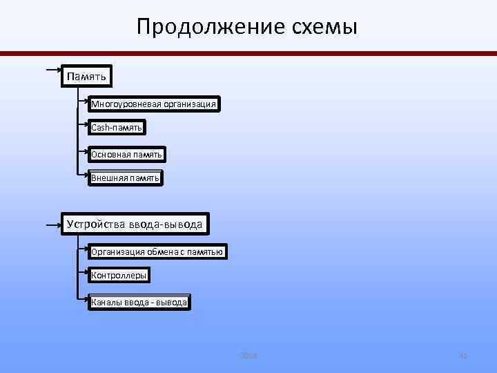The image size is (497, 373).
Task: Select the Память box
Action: tap(86, 75)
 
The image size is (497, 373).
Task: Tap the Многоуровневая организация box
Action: tap(154, 104)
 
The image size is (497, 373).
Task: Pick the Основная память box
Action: tap(126, 155)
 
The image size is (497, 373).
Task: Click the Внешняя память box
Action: tap(125, 178)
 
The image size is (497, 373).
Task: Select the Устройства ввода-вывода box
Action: tap(135, 224)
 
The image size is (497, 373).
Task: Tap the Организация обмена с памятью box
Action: tap(157, 252)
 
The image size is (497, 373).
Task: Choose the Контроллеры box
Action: tap(119, 276)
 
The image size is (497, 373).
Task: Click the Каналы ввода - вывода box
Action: tap(139, 303)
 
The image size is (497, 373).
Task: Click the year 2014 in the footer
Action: tap(248, 356)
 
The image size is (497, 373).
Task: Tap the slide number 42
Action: tap(463, 356)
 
